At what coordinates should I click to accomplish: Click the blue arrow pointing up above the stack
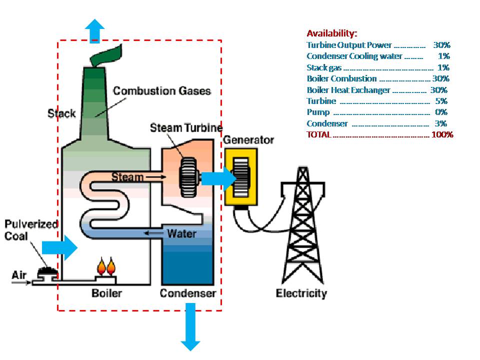(x=94, y=31)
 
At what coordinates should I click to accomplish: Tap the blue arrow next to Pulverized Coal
(x=59, y=247)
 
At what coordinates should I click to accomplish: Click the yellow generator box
(x=241, y=177)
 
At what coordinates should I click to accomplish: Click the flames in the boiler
(x=105, y=266)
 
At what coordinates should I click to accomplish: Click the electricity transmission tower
(x=301, y=225)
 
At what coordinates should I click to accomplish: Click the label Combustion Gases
(x=161, y=91)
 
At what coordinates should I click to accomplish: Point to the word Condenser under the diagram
(x=187, y=293)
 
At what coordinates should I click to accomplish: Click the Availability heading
(x=331, y=33)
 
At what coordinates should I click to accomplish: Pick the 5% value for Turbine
(x=441, y=101)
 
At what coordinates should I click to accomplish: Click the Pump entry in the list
(x=318, y=112)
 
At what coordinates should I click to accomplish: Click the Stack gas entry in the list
(x=324, y=67)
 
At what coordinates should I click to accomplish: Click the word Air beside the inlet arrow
(x=18, y=275)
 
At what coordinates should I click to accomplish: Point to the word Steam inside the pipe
(x=127, y=176)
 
